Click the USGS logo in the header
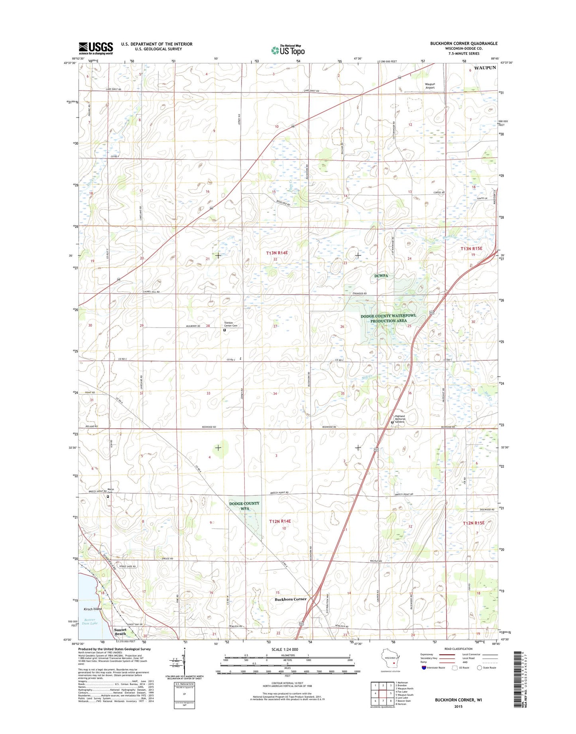pyautogui.click(x=96, y=48)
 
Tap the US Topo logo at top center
pyautogui.click(x=288, y=50)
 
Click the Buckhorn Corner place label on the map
pyautogui.click(x=291, y=599)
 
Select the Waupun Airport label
pyautogui.click(x=429, y=86)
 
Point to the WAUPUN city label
pyautogui.click(x=485, y=68)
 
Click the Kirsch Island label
pyautogui.click(x=92, y=609)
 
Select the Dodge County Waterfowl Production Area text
pyautogui.click(x=388, y=318)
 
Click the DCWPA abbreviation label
pyautogui.click(x=381, y=276)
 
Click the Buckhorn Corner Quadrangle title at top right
pyautogui.click(x=464, y=43)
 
